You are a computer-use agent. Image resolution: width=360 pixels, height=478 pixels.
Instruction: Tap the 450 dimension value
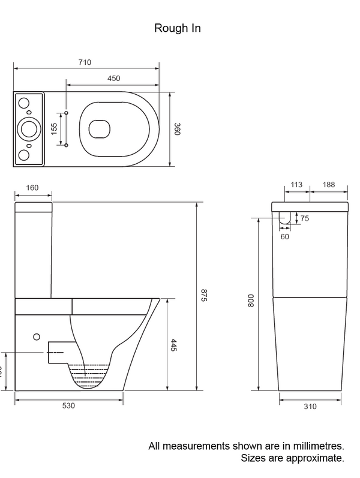[113, 79]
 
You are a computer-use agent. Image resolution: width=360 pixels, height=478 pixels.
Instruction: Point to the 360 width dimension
[177, 129]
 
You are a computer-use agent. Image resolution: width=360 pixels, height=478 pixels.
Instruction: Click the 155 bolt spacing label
[54, 129]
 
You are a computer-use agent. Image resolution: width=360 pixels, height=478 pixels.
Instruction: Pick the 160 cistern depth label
[32, 188]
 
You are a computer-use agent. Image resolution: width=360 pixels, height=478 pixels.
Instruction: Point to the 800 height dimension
[251, 300]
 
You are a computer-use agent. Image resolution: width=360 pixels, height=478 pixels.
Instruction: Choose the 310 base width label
[310, 407]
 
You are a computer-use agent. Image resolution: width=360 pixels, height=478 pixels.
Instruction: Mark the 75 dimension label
[305, 219]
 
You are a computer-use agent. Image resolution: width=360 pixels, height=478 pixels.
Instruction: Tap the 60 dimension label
[285, 236]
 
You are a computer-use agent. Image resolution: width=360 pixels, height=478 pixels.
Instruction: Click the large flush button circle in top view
[28, 128]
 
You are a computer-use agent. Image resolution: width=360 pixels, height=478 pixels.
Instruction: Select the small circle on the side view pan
[37, 337]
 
